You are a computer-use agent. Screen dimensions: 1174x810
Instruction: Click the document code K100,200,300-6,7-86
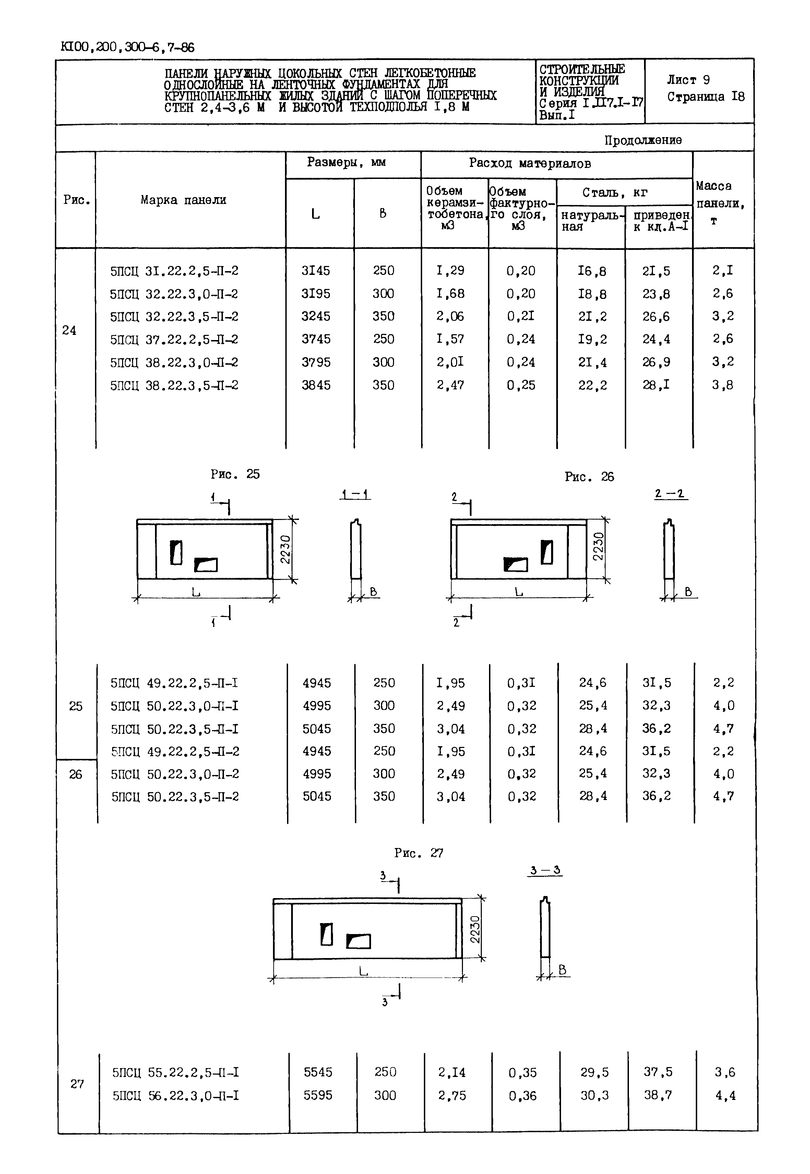click(127, 48)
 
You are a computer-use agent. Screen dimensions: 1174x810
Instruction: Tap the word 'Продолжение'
click(643, 140)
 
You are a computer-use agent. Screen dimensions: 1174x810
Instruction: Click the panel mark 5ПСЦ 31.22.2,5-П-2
click(174, 271)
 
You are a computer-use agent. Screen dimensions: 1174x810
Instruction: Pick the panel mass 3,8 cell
click(722, 385)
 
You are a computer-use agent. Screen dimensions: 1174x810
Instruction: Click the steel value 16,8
click(592, 271)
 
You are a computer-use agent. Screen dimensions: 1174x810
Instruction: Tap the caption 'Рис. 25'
click(235, 474)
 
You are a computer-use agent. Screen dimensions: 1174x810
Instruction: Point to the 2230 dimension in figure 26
click(599, 546)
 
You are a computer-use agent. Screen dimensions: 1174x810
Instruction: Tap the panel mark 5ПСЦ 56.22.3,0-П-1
click(176, 1096)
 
